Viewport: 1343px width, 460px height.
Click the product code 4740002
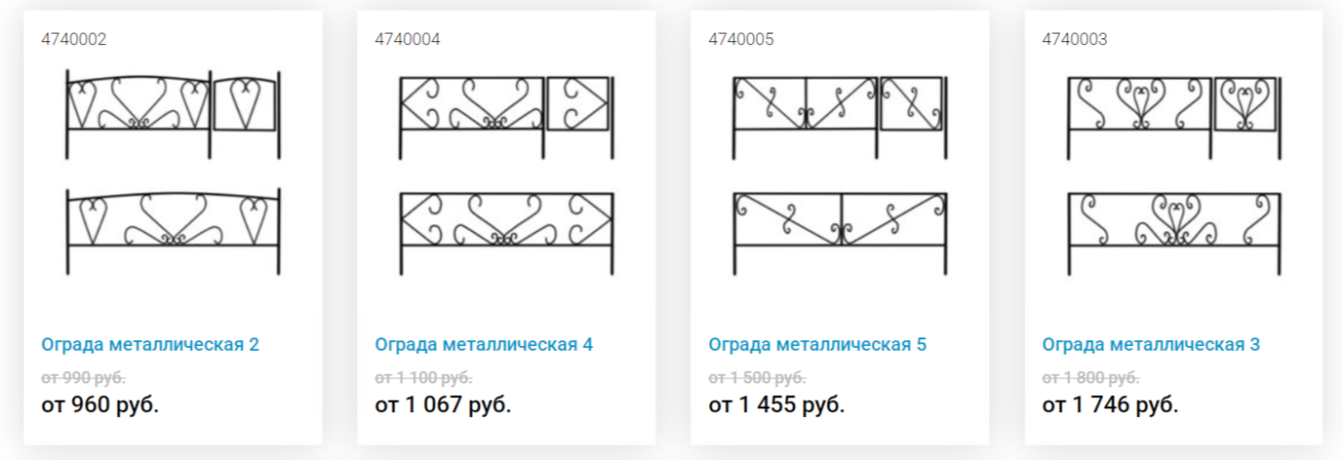coord(74,39)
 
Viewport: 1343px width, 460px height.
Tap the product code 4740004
coord(407,39)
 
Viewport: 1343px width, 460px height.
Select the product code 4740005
coord(741,39)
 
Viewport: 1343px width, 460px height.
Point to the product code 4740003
coord(1074,39)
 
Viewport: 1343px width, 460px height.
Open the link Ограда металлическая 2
coord(150,344)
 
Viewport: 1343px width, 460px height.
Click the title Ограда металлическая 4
coord(483,344)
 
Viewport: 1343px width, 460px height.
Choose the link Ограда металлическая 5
coord(817,344)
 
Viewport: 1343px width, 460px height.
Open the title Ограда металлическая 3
coord(1150,344)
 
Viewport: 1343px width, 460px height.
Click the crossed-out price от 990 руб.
coord(83,378)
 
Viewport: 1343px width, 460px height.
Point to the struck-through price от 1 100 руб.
coord(423,378)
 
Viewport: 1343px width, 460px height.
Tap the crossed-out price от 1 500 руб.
coord(757,378)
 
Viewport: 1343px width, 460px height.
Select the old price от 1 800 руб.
coord(1091,378)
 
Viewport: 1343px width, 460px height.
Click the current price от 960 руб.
coord(100,404)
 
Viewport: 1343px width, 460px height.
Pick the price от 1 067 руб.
coord(442,404)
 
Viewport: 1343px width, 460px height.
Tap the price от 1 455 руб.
coord(776,404)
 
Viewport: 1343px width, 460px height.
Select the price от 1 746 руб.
coord(1110,404)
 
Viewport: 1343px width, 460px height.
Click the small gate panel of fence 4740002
coord(245,128)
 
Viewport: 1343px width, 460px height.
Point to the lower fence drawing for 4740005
coord(840,244)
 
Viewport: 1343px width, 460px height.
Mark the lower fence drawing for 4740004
coord(507,244)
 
